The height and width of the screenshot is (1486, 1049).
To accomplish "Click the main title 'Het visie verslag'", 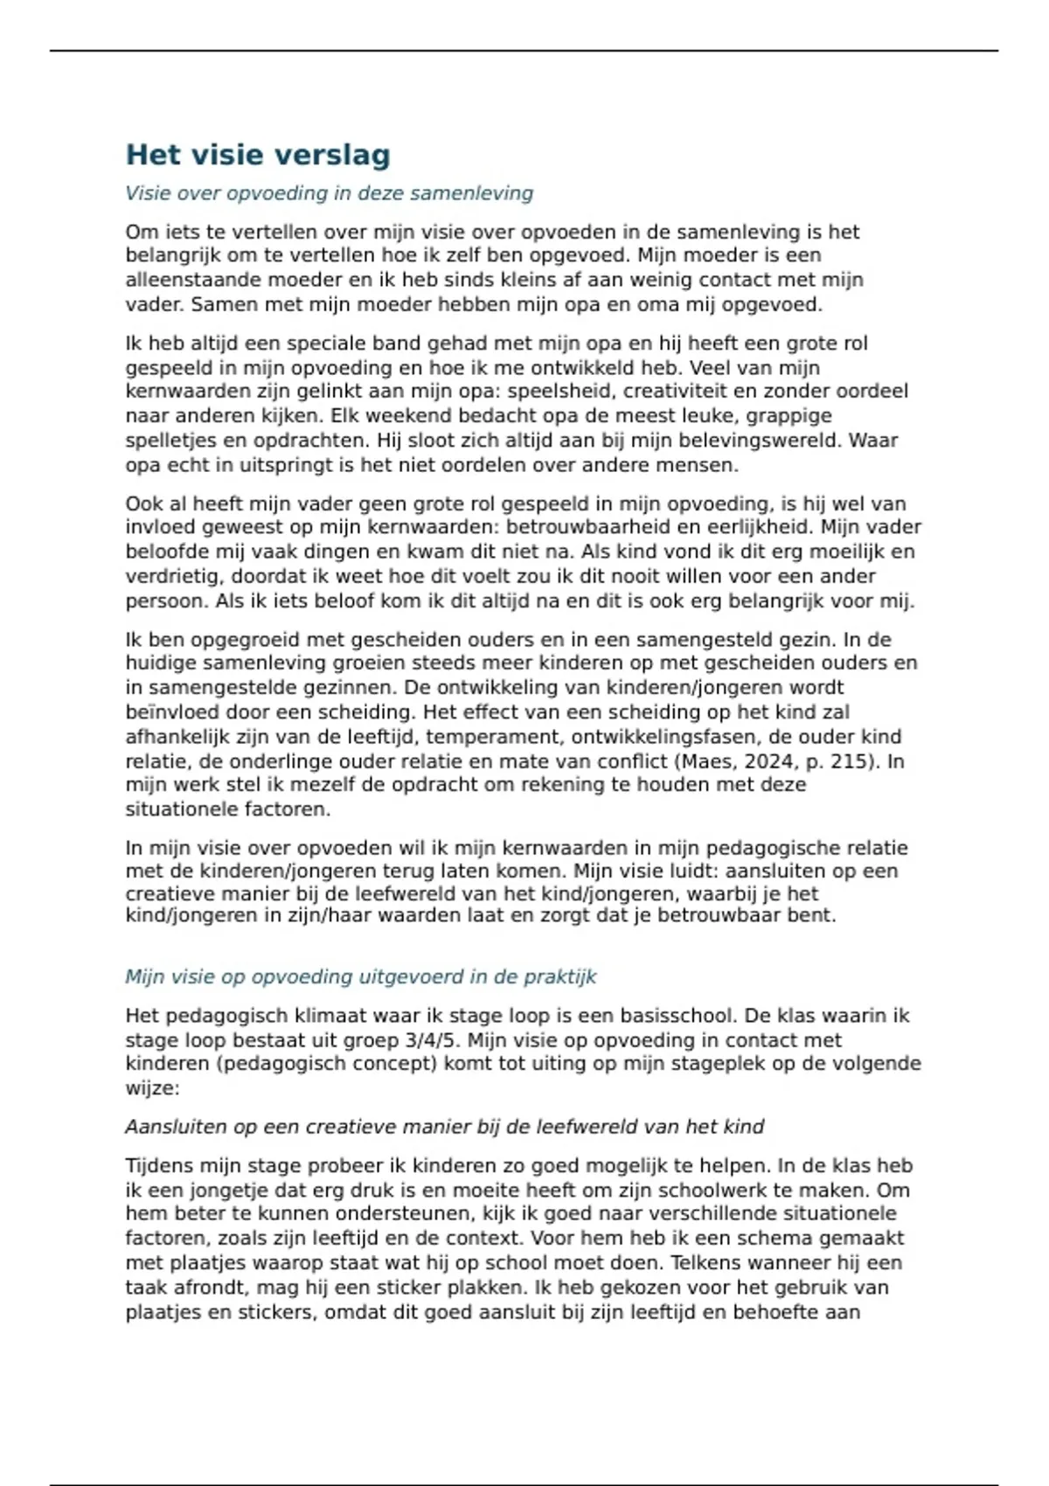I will pyautogui.click(x=258, y=155).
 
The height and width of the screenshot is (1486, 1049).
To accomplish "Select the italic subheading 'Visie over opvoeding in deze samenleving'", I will pyautogui.click(x=329, y=193).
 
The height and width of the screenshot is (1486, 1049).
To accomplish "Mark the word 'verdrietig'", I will pyautogui.click(x=173, y=576).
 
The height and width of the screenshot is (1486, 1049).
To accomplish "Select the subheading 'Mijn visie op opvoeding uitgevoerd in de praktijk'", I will pyautogui.click(x=360, y=976).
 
